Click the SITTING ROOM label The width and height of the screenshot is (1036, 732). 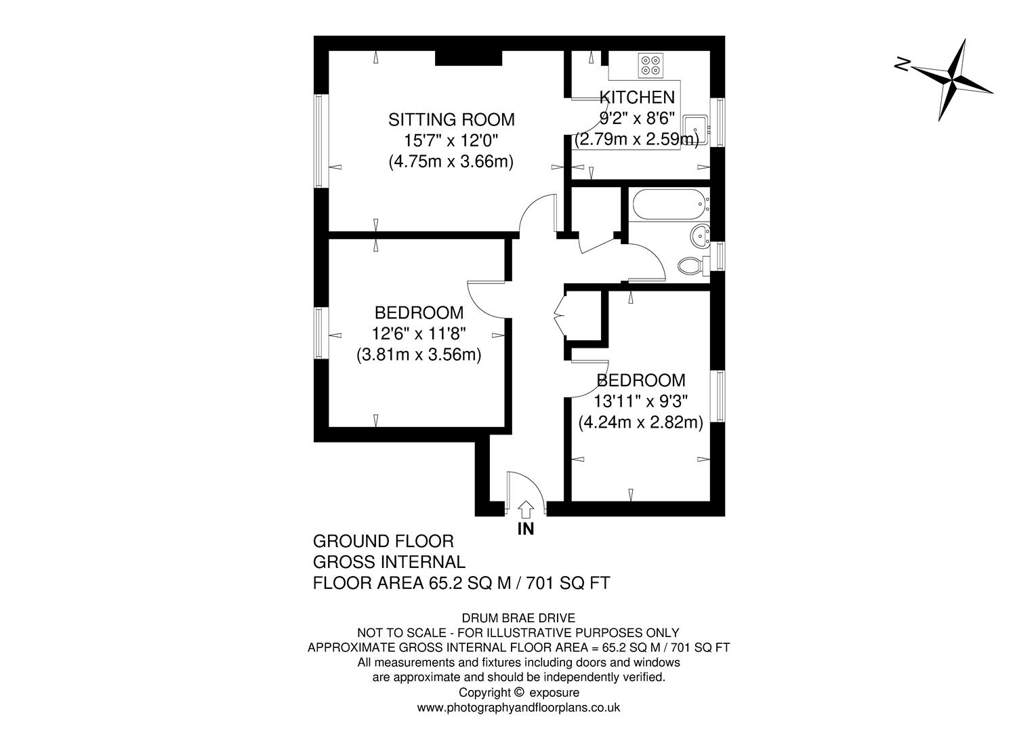click(x=451, y=120)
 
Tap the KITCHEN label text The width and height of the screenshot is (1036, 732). click(x=638, y=98)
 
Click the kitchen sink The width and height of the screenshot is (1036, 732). click(x=696, y=128)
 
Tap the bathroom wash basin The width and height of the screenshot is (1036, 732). click(x=700, y=236)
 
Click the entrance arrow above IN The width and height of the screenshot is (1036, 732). click(x=526, y=509)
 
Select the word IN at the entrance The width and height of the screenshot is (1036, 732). click(x=526, y=529)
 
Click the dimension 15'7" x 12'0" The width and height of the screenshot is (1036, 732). click(x=451, y=141)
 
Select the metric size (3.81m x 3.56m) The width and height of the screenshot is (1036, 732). click(x=419, y=354)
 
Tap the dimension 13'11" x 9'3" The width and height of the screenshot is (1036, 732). click(x=640, y=401)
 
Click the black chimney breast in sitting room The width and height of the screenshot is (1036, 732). click(x=468, y=58)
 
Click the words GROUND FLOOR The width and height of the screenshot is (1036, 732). click(x=383, y=542)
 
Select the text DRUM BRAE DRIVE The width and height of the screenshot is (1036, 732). click(x=518, y=617)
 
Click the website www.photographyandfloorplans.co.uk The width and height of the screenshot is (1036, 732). click(x=518, y=708)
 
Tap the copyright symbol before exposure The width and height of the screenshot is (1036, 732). click(x=519, y=692)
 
